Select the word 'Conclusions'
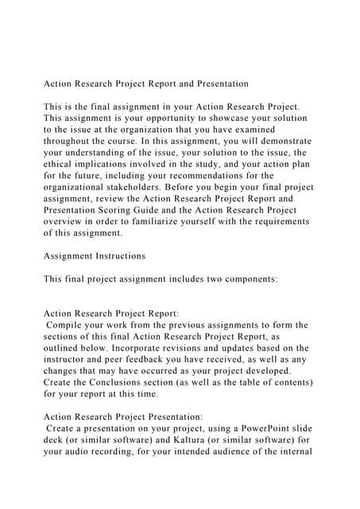(x=108, y=383)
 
